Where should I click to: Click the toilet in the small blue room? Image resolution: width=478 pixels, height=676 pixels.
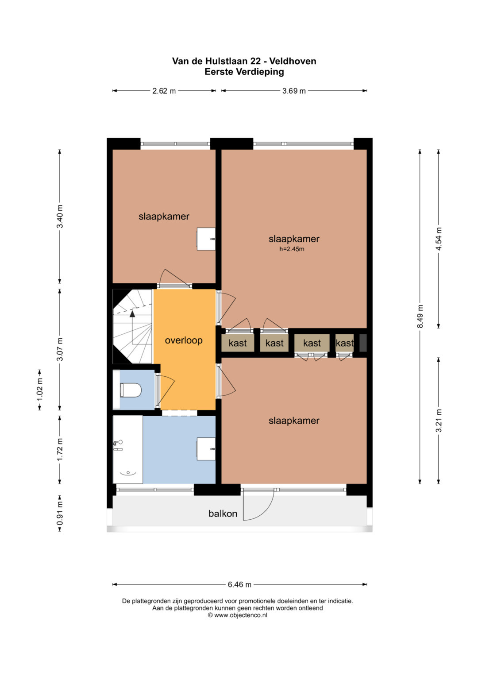click(131, 390)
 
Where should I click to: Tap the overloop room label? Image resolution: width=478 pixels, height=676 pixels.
click(184, 340)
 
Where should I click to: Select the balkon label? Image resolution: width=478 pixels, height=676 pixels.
click(223, 514)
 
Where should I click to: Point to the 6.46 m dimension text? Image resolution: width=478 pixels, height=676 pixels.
click(239, 584)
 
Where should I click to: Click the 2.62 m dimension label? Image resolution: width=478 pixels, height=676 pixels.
click(164, 91)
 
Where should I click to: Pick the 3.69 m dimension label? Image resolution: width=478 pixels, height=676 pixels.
click(294, 91)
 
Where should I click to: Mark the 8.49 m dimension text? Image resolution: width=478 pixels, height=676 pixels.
click(420, 316)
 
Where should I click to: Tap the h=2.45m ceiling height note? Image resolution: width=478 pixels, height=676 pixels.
click(292, 249)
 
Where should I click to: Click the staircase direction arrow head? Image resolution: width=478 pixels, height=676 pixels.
click(132, 314)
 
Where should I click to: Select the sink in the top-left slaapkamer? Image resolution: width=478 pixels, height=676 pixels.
click(206, 239)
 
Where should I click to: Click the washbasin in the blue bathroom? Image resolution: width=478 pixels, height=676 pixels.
click(206, 449)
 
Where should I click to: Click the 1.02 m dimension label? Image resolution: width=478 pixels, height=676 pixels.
click(40, 390)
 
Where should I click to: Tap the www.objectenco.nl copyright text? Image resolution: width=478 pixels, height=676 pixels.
click(238, 615)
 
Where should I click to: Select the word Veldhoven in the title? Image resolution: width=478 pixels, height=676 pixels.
click(293, 61)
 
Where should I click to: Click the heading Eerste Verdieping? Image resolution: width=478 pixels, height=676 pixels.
click(244, 72)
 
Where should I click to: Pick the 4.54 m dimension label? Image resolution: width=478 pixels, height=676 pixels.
click(439, 239)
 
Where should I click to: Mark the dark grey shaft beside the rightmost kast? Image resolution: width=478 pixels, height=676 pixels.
click(363, 343)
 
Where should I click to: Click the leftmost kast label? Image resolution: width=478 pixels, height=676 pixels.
click(238, 343)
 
